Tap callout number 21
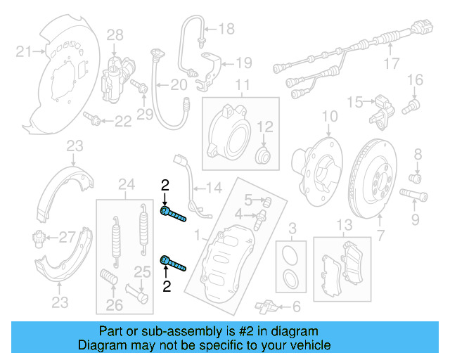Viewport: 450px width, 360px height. click(x=25, y=51)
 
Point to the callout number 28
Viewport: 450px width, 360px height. click(x=115, y=34)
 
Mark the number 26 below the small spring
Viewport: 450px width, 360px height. click(x=114, y=305)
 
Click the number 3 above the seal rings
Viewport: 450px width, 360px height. click(x=292, y=226)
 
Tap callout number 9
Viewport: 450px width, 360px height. click(x=415, y=220)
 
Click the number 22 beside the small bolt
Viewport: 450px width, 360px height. click(x=122, y=122)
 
